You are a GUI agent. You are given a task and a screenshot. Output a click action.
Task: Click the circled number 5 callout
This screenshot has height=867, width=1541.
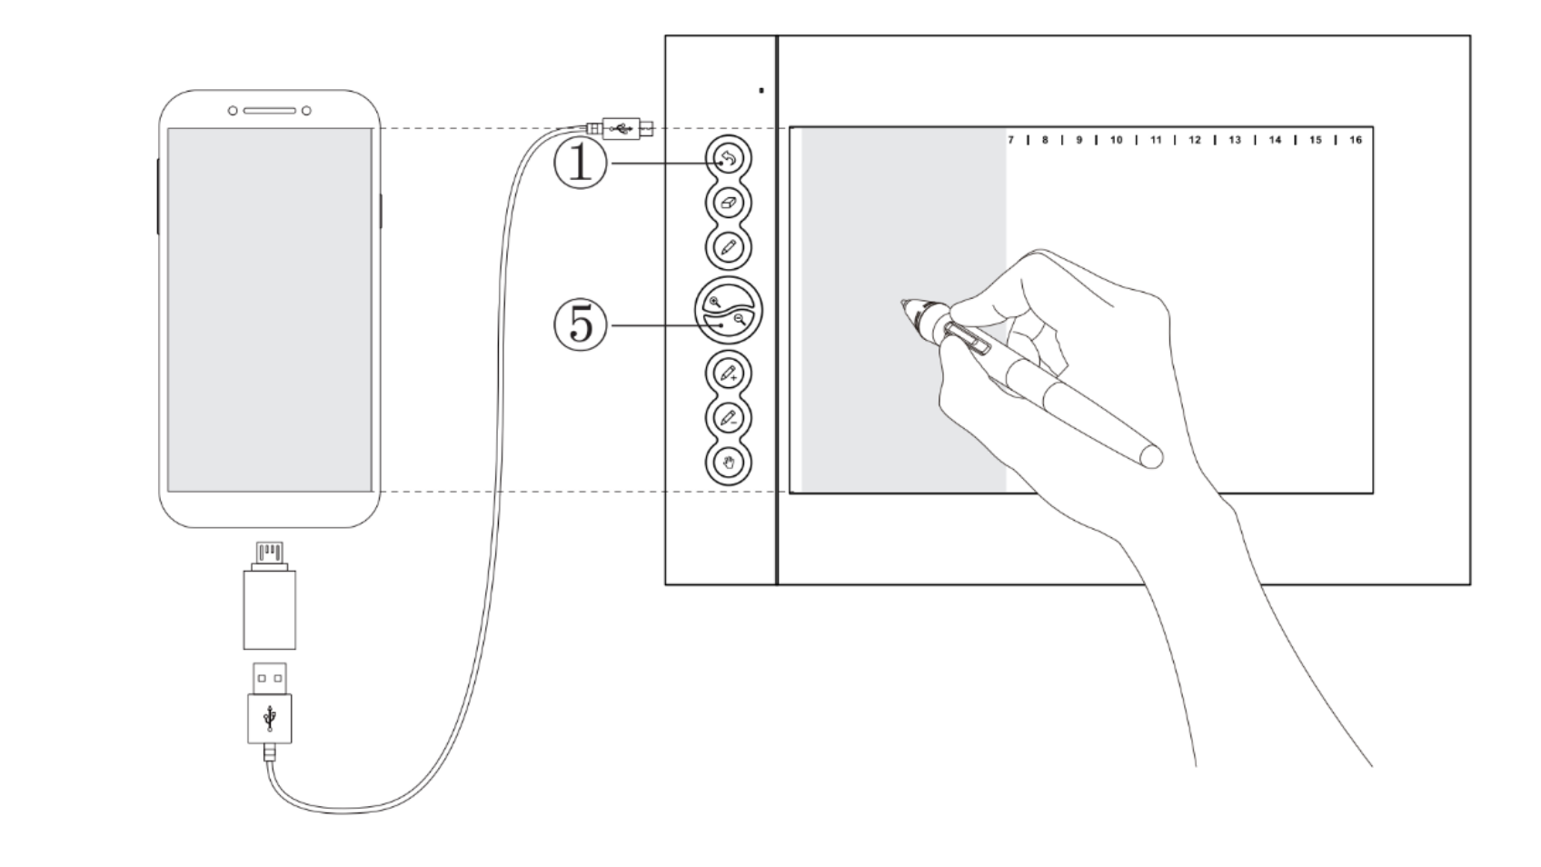[580, 324]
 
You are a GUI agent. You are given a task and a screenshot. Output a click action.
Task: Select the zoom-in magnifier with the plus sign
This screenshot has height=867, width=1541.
[715, 301]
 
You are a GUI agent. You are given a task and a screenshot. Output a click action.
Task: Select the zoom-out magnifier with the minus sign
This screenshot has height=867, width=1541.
[741, 318]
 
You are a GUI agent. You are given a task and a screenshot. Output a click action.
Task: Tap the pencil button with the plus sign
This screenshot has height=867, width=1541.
[728, 373]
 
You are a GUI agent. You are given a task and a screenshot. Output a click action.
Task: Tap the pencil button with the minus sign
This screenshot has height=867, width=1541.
[728, 418]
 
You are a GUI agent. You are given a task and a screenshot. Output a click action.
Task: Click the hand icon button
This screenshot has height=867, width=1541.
[728, 462]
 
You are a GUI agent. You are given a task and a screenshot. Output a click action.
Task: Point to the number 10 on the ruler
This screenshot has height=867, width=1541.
[1116, 140]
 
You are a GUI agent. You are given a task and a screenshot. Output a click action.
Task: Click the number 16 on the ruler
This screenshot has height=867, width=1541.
[1355, 140]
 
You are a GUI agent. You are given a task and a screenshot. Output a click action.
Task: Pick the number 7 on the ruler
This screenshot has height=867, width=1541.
[1010, 140]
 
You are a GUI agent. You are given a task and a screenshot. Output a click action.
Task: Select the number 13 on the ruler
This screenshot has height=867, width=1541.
[1235, 140]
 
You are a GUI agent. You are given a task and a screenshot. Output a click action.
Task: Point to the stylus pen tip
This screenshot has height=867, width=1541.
[905, 304]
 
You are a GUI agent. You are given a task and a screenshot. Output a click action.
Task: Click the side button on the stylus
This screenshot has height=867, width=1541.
[969, 337]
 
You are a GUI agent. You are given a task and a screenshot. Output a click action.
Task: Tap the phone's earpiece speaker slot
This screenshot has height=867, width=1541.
[269, 111]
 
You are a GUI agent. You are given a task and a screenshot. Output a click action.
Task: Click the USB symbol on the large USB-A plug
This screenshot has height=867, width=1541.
[269, 718]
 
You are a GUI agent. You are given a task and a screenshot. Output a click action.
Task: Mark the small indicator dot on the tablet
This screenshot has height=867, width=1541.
[761, 90]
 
